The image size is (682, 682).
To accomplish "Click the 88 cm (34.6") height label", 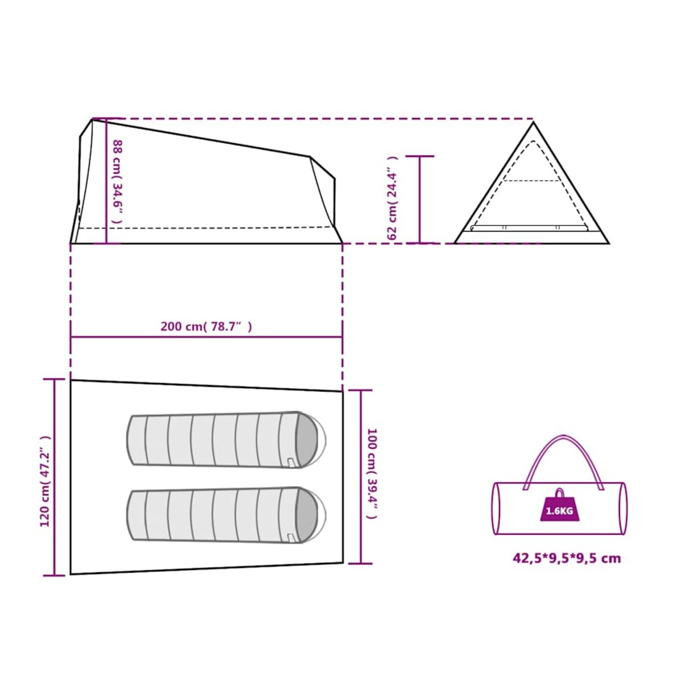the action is (118, 181).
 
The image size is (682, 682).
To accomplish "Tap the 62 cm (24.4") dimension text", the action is (393, 198).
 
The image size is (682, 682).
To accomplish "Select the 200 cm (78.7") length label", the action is (206, 326).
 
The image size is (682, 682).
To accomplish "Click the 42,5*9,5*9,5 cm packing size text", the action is (567, 559).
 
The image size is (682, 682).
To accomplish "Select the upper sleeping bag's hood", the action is (309, 440).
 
